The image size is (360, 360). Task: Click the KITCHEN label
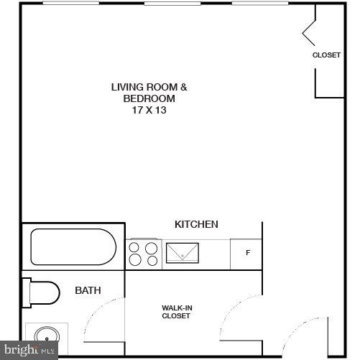[x=196, y=224]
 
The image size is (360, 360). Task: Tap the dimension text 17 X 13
[x=149, y=111]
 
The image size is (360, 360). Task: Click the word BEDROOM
[x=149, y=99]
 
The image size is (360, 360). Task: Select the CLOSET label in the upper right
[x=326, y=55]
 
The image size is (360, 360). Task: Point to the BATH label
[x=88, y=290]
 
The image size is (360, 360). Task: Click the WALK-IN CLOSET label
[x=176, y=312]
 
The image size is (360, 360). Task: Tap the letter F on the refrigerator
[x=248, y=252]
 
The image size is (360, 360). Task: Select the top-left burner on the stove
[x=134, y=247]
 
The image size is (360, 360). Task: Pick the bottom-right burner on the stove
[x=151, y=261]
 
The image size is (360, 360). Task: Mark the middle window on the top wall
[x=172, y=3]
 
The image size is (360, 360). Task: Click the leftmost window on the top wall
[x=70, y=3]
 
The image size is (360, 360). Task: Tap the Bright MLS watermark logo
[x=29, y=351]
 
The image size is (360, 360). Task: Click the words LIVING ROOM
[x=149, y=88]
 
